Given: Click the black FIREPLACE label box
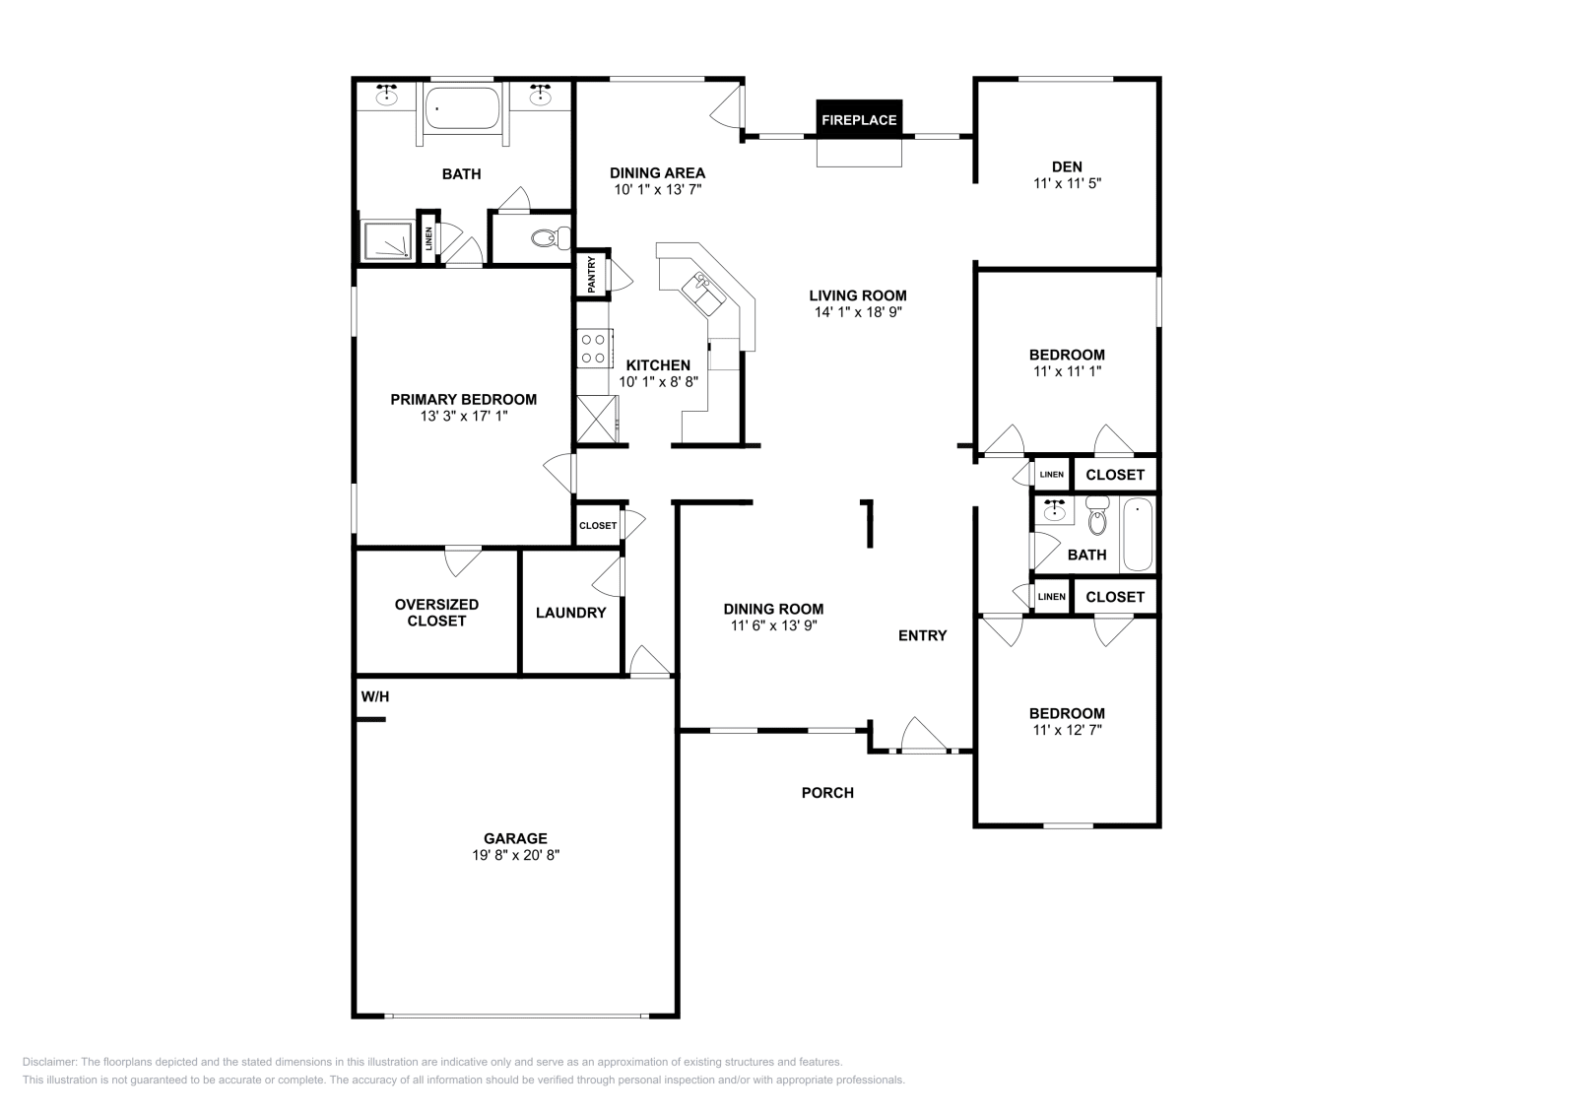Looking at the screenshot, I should point(859,119).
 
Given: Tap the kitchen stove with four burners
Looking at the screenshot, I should point(593,348).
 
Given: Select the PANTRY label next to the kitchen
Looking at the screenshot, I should point(591,275).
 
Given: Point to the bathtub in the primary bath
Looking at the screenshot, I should point(462,107).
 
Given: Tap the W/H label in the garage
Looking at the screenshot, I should point(374,696).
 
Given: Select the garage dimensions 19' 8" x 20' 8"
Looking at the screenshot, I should point(515,855).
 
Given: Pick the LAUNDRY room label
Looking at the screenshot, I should point(570,613).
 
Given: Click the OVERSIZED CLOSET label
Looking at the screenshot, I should point(436,613).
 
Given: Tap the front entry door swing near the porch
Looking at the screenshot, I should point(922,735).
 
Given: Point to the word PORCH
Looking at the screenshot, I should point(827,792).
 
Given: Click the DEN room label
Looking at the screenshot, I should point(1067,166).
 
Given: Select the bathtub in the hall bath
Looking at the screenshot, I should point(1137,534).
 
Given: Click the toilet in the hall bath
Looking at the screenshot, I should point(1097,517).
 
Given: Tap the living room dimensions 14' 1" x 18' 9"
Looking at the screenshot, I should point(858,312).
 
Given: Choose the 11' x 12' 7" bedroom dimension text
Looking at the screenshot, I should point(1067,730).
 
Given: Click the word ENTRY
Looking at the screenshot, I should point(922,635).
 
